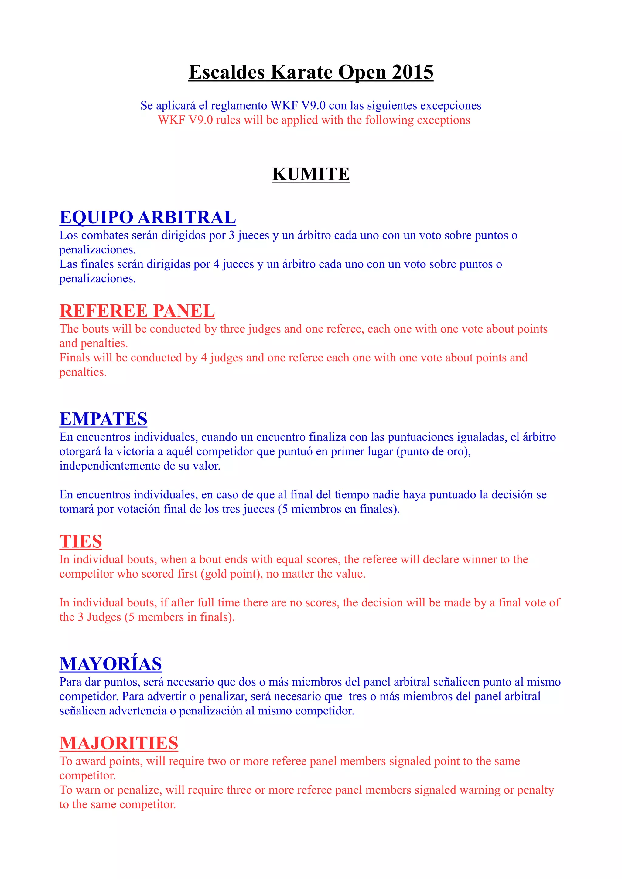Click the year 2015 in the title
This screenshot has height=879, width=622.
pyautogui.click(x=412, y=72)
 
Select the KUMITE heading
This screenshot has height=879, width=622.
pyautogui.click(x=311, y=174)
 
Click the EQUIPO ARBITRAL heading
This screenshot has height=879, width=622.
pyautogui.click(x=148, y=217)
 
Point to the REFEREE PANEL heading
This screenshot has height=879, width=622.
pyautogui.click(x=137, y=311)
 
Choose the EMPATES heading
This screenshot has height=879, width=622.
pyautogui.click(x=103, y=419)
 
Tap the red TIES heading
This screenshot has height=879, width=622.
pyautogui.click(x=80, y=541)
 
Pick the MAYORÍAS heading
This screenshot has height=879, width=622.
pyautogui.click(x=110, y=664)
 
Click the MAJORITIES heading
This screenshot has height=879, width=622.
pyautogui.click(x=119, y=743)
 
